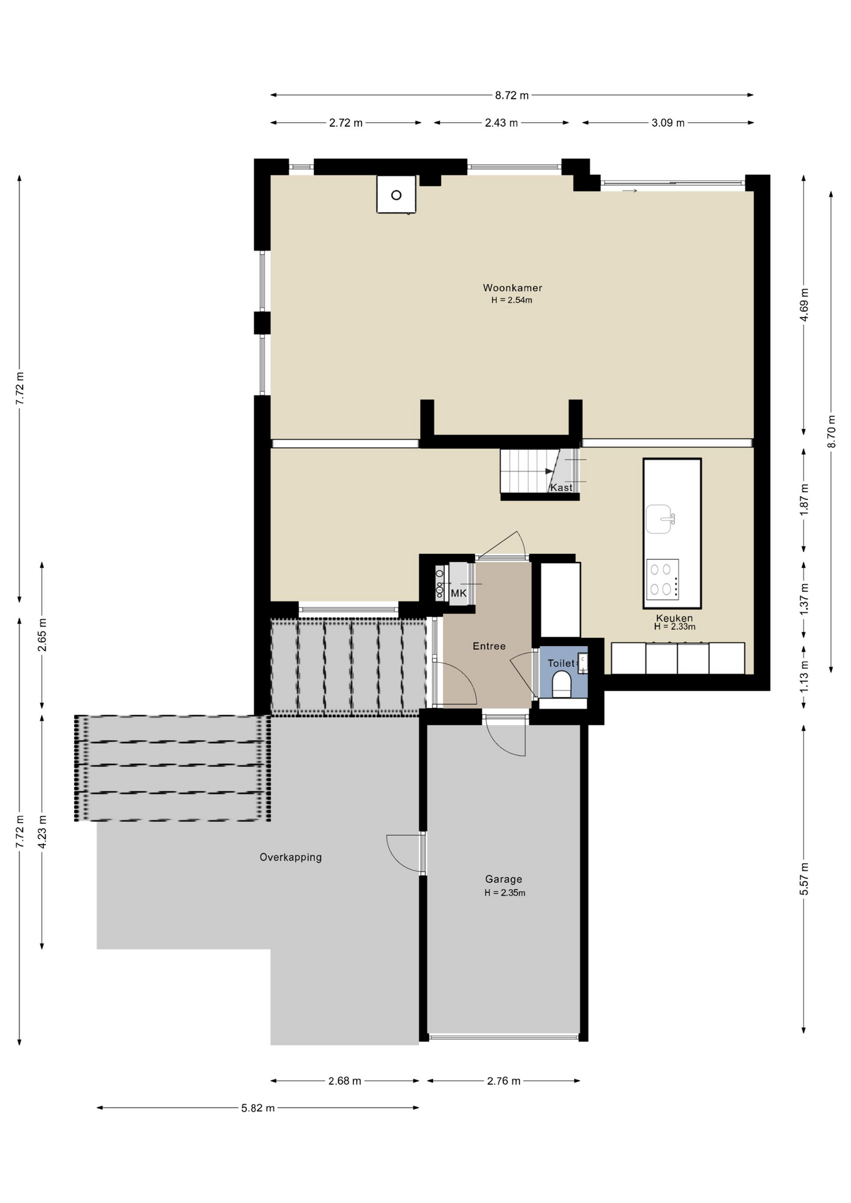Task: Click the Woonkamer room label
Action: click(x=512, y=288)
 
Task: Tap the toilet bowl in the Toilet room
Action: click(x=562, y=684)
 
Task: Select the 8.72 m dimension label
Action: click(x=511, y=95)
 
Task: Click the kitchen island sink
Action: click(x=659, y=519)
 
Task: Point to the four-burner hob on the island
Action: click(x=662, y=579)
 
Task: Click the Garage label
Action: click(x=503, y=879)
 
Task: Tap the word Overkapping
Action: click(x=291, y=857)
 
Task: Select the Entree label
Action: click(x=489, y=646)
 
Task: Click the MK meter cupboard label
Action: click(x=459, y=593)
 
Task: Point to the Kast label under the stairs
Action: click(x=561, y=487)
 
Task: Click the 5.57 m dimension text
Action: click(x=804, y=879)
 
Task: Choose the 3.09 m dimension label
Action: click(x=667, y=123)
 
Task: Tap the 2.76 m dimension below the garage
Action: click(x=503, y=1081)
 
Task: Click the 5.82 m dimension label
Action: click(x=258, y=1108)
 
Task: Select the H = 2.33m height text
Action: click(x=674, y=627)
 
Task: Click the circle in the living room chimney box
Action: click(x=396, y=195)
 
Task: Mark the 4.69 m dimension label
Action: click(x=804, y=305)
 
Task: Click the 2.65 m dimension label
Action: click(x=42, y=635)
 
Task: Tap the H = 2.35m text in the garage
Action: click(x=504, y=893)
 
